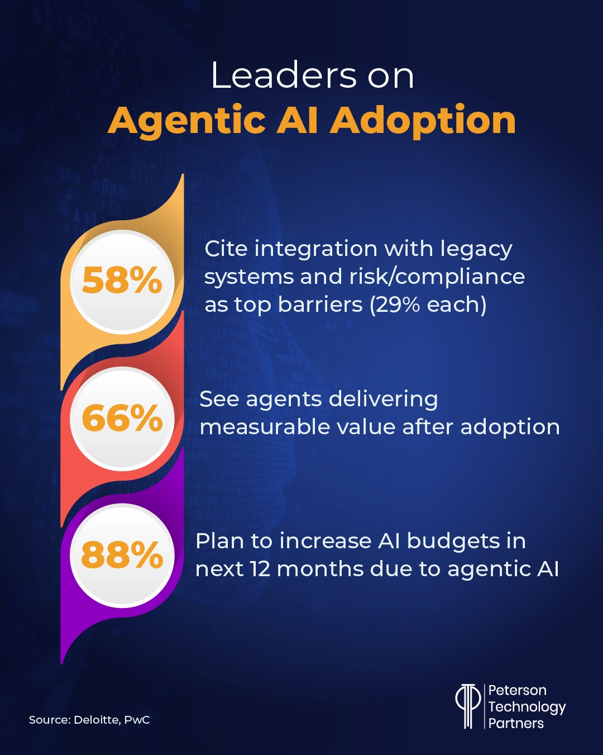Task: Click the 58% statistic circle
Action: [122, 281]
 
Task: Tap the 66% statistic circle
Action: [122, 418]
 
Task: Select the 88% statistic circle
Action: [122, 555]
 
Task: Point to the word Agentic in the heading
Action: [186, 121]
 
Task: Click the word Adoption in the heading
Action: [423, 121]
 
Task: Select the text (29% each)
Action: [428, 305]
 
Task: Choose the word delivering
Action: [383, 400]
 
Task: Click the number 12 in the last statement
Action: [260, 569]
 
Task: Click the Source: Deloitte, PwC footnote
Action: [89, 720]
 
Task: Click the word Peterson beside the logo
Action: [517, 690]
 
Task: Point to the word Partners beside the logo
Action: [516, 723]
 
